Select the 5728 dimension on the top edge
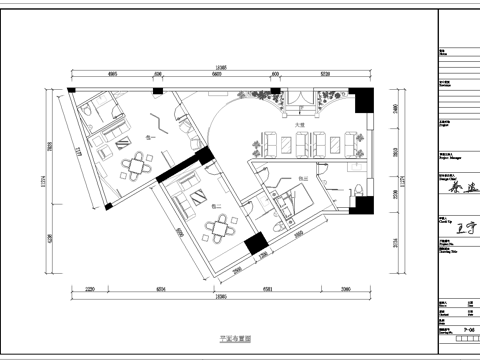[x=325, y=73]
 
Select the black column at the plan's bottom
[x=255, y=243]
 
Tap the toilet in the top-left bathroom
[x=91, y=117]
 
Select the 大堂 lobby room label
[x=299, y=125]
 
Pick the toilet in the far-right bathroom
[x=357, y=188]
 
